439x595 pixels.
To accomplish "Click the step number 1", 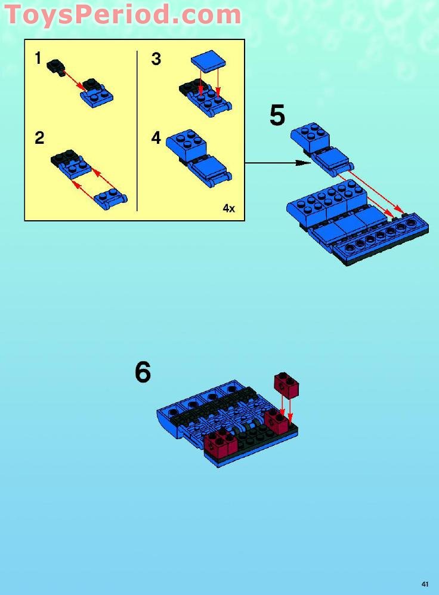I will [x=38, y=58].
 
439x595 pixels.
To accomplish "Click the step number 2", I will [x=39, y=138].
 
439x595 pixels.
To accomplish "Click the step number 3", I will [x=156, y=60].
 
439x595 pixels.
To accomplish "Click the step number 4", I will [x=156, y=138].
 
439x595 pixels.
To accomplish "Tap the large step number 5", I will [x=277, y=116].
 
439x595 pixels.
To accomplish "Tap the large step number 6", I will [x=143, y=372].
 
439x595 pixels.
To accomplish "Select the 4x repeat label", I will [x=229, y=208].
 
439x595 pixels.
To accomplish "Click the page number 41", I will [x=425, y=584].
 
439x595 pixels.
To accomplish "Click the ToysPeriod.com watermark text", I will [x=122, y=14].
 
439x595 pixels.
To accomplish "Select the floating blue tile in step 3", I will [x=209, y=62].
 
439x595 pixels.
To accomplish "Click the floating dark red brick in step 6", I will [x=286, y=385].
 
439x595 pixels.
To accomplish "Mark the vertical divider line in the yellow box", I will [x=137, y=131].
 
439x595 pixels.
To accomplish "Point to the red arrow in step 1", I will [x=73, y=81].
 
